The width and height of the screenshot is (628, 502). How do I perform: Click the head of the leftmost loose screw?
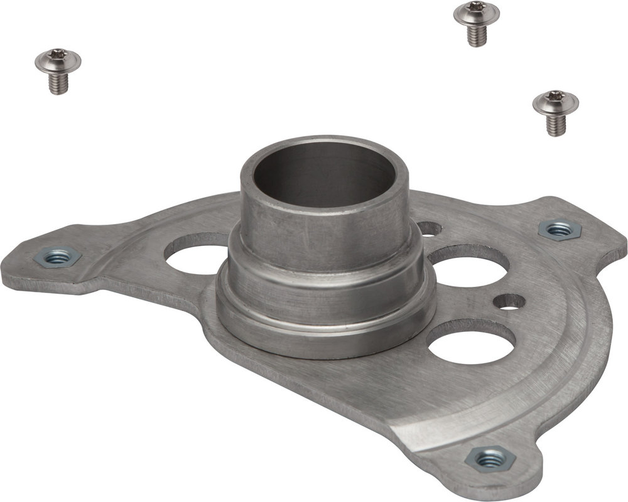tap(58, 60)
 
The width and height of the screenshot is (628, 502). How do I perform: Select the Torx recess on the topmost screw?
tap(476, 7)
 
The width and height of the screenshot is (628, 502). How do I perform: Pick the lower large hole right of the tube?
tap(471, 342)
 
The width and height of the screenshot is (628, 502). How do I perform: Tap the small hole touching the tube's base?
tap(429, 229)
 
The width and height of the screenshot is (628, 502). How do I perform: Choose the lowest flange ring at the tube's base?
tap(327, 339)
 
